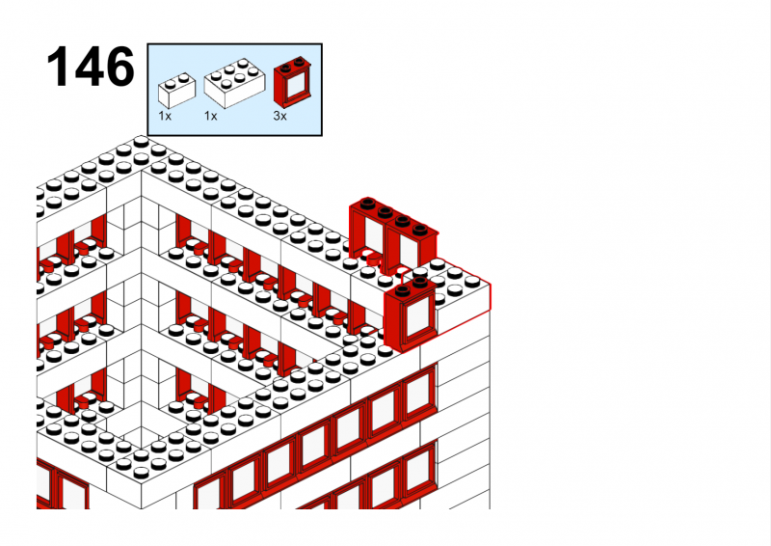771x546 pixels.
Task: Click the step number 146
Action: (90, 67)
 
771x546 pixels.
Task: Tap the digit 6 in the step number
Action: (119, 67)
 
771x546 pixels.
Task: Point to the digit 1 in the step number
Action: (58, 67)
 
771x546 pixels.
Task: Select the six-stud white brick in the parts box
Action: (234, 83)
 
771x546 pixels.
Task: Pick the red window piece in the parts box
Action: (292, 81)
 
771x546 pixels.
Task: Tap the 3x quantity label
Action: (279, 116)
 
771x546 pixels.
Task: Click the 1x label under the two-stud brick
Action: (165, 116)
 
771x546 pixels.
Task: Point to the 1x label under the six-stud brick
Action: (210, 116)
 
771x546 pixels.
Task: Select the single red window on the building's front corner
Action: (411, 314)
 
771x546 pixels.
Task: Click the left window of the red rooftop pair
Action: (368, 232)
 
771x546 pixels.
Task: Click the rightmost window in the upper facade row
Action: (419, 393)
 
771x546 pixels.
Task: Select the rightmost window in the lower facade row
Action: (419, 470)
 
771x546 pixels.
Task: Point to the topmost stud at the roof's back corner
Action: (141, 142)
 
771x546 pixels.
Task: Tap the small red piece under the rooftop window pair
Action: (374, 259)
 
